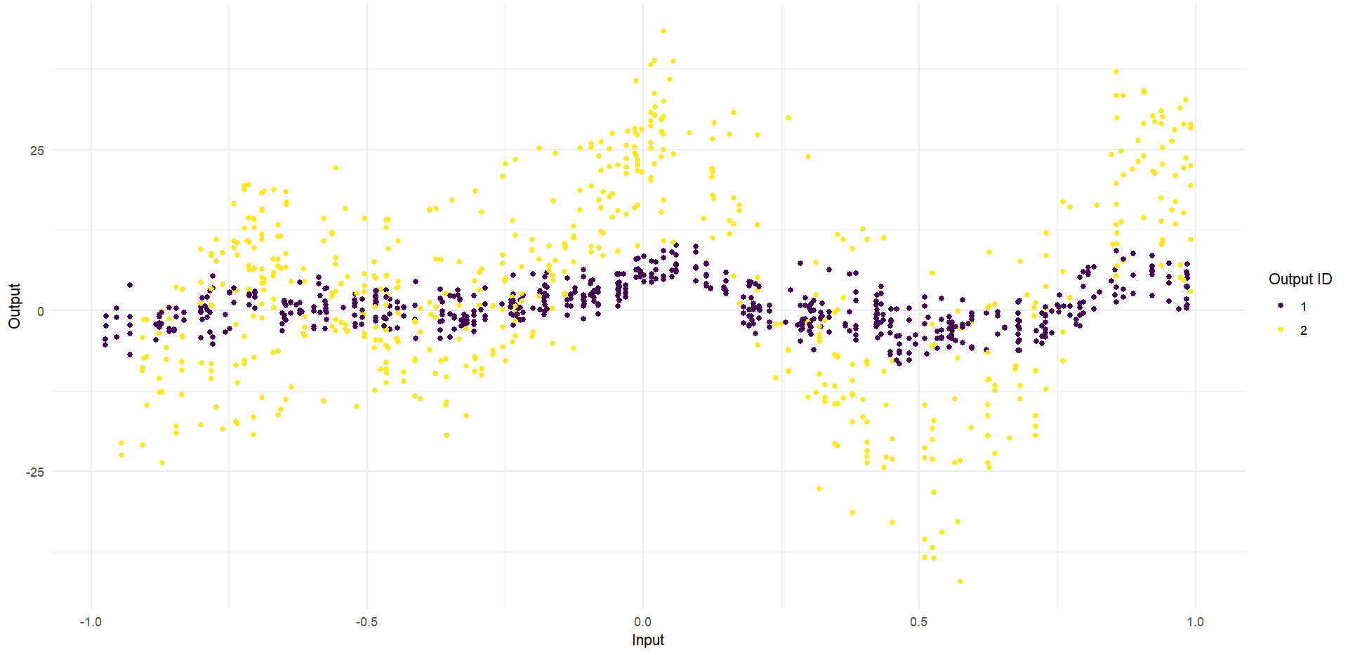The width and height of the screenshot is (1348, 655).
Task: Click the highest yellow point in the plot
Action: point(663,31)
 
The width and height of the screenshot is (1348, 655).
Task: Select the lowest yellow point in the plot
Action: point(960,581)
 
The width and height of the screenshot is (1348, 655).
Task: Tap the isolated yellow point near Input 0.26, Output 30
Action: point(788,118)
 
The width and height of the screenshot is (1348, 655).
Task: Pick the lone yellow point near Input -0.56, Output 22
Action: point(336,168)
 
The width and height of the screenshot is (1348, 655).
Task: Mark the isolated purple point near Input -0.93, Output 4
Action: point(130,285)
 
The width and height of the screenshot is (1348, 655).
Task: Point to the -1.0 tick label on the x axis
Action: point(91,622)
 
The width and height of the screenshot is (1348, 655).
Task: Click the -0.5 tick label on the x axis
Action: point(366,622)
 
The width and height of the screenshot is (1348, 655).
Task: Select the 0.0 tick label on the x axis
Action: point(642,622)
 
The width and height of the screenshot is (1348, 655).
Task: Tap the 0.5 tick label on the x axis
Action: point(918,622)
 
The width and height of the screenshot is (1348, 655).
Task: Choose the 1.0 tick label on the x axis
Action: point(1195,622)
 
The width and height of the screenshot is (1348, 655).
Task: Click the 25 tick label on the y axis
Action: point(37,150)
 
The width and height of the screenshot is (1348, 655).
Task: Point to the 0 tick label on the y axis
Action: point(41,311)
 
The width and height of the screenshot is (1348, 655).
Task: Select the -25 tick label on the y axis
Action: point(34,472)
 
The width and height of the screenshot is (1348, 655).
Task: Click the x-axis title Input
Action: point(647,640)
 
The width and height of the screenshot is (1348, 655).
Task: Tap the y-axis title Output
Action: point(15,306)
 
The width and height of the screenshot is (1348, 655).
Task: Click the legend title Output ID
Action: point(1300,279)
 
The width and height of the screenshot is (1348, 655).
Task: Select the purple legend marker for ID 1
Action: point(1281,306)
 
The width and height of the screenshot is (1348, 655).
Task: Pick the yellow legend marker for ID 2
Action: point(1281,330)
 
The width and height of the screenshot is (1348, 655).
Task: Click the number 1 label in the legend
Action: point(1304,307)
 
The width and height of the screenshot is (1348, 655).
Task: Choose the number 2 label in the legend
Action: point(1304,331)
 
